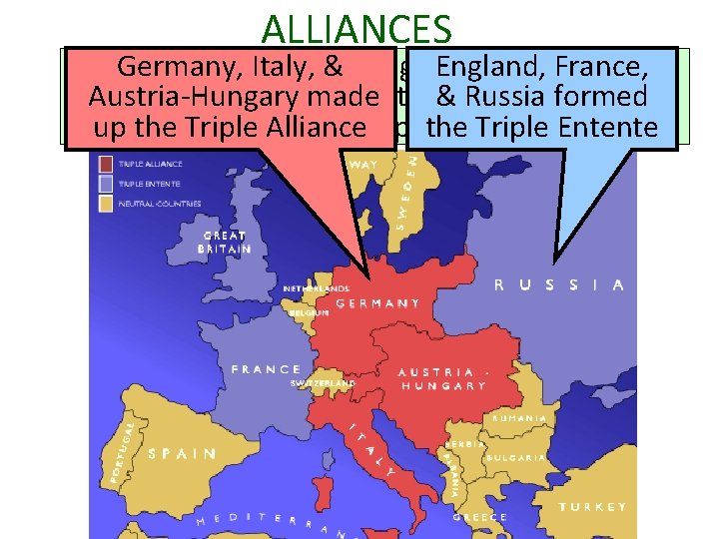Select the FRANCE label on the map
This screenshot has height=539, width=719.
[x=266, y=369]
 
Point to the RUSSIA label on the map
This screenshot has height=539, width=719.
[x=559, y=284]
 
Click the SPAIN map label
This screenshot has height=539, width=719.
[x=182, y=453]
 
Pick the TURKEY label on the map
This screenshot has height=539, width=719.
[x=593, y=507]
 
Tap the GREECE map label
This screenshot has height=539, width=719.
[x=479, y=517]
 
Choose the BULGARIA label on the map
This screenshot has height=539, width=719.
[x=516, y=458]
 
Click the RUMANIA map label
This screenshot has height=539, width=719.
[x=518, y=418]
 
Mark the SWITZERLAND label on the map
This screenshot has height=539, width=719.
[x=323, y=382]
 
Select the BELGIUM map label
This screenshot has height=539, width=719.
[x=309, y=312]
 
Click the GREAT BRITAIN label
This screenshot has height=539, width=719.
[x=224, y=243]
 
